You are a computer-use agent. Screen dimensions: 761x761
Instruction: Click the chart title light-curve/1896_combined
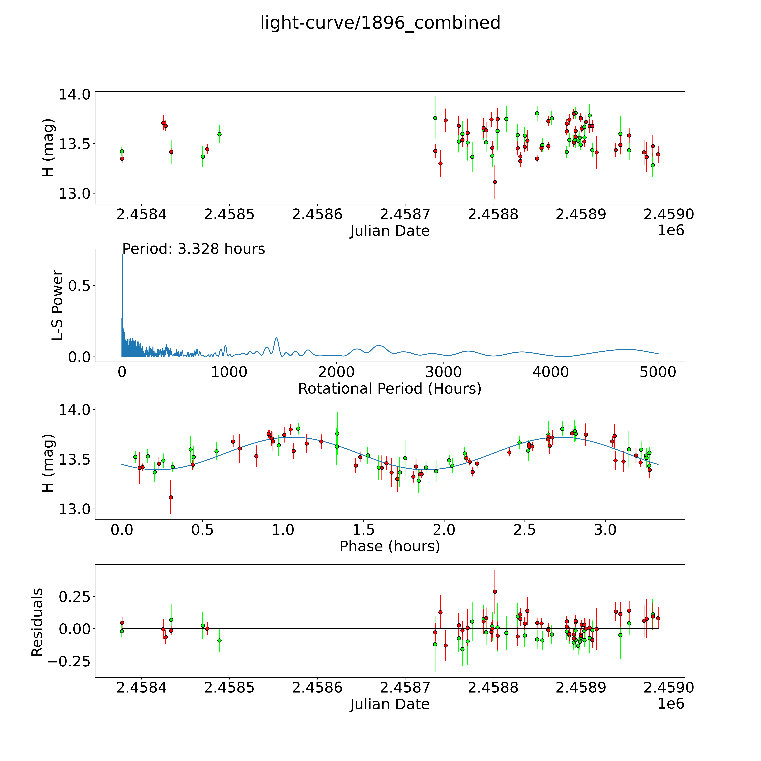click(380, 23)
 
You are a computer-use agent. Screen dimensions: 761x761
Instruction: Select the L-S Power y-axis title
click(57, 305)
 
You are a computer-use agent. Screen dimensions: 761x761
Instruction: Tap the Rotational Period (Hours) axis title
click(390, 389)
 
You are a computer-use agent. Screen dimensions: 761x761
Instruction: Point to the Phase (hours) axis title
click(390, 546)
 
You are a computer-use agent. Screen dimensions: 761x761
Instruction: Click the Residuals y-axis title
click(37, 622)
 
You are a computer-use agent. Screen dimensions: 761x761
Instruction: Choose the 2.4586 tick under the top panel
click(317, 215)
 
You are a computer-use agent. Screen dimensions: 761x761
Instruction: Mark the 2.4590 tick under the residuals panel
click(668, 687)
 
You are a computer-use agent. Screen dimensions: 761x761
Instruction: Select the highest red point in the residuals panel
click(495, 592)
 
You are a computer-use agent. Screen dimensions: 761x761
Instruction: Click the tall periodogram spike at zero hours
click(122, 256)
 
